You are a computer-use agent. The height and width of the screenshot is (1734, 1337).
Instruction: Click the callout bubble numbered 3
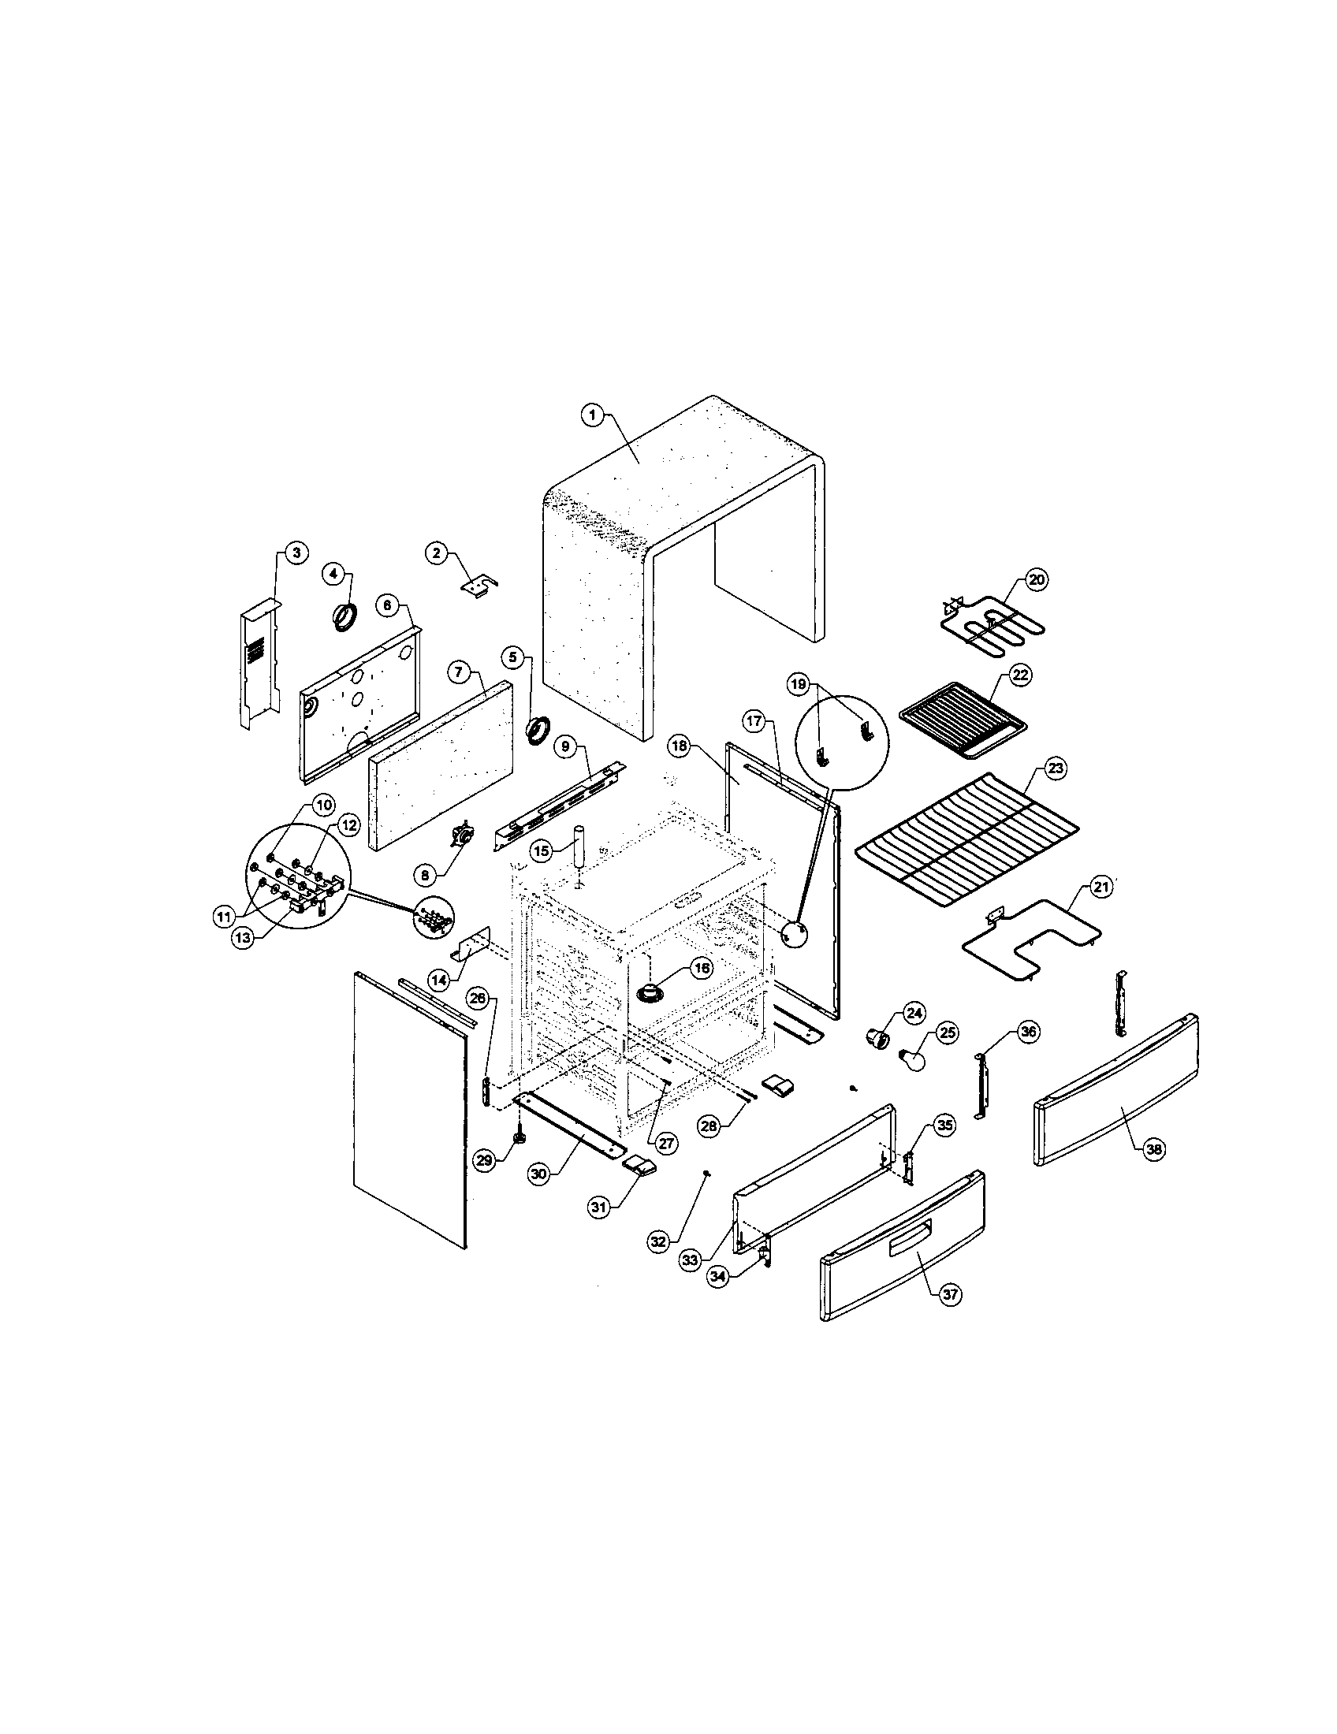[294, 553]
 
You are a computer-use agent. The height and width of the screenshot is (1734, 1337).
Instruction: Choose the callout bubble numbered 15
[541, 851]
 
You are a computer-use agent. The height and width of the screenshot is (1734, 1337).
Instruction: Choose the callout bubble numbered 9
[564, 746]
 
